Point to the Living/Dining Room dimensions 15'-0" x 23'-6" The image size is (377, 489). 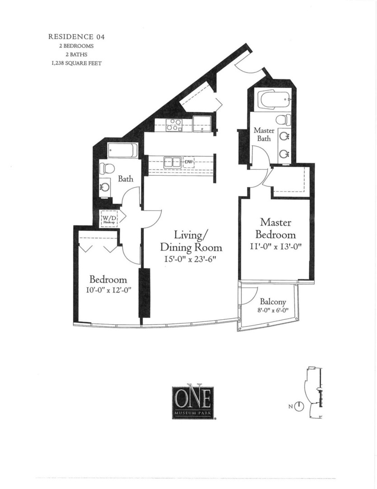(x=191, y=260)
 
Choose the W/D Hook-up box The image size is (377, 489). (x=109, y=218)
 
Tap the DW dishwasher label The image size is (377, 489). (x=188, y=162)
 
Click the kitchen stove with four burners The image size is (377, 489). (x=174, y=125)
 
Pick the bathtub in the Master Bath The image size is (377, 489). (x=273, y=101)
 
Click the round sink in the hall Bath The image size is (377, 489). (x=105, y=187)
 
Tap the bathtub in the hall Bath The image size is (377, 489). (x=123, y=150)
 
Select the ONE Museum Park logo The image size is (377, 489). (x=191, y=402)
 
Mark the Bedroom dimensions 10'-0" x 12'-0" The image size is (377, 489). (x=108, y=291)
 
